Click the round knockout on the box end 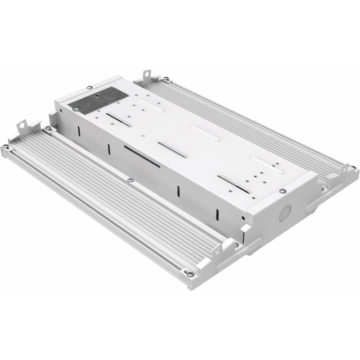pos(284,214)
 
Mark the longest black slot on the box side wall pos(142,157)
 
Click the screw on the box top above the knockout pos(282,191)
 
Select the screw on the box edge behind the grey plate pos(90,87)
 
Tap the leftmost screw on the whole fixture pos(5,147)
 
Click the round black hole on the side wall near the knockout pos(243,218)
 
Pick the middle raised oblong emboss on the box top pos(205,133)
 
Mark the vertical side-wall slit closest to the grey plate pos(79,131)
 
